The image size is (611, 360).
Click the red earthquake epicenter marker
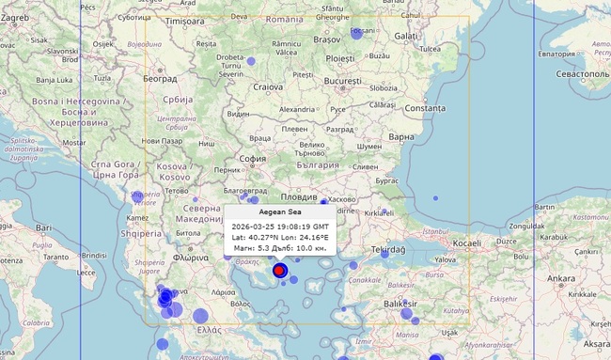coord(279,271)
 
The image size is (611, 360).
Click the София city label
coord(253,158)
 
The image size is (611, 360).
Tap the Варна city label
coord(401,137)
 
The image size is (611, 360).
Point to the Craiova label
coord(269,87)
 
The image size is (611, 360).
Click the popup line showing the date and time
coord(280,227)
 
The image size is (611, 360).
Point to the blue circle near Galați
coord(357,32)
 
